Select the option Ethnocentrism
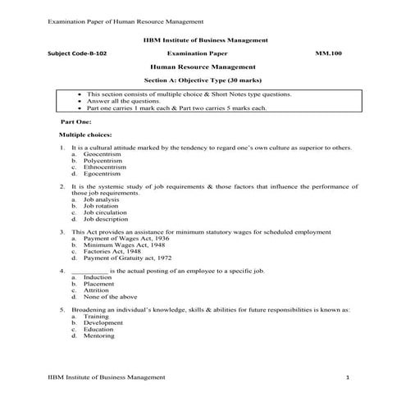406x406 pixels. (x=104, y=167)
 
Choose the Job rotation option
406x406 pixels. (x=101, y=206)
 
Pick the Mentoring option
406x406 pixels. (x=99, y=336)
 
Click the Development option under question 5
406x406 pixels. (x=103, y=323)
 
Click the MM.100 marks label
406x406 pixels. (x=328, y=52)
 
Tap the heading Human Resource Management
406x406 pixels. (x=203, y=66)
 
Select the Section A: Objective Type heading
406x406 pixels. (x=203, y=81)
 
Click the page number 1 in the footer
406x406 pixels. (x=348, y=376)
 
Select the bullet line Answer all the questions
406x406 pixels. (x=118, y=101)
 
